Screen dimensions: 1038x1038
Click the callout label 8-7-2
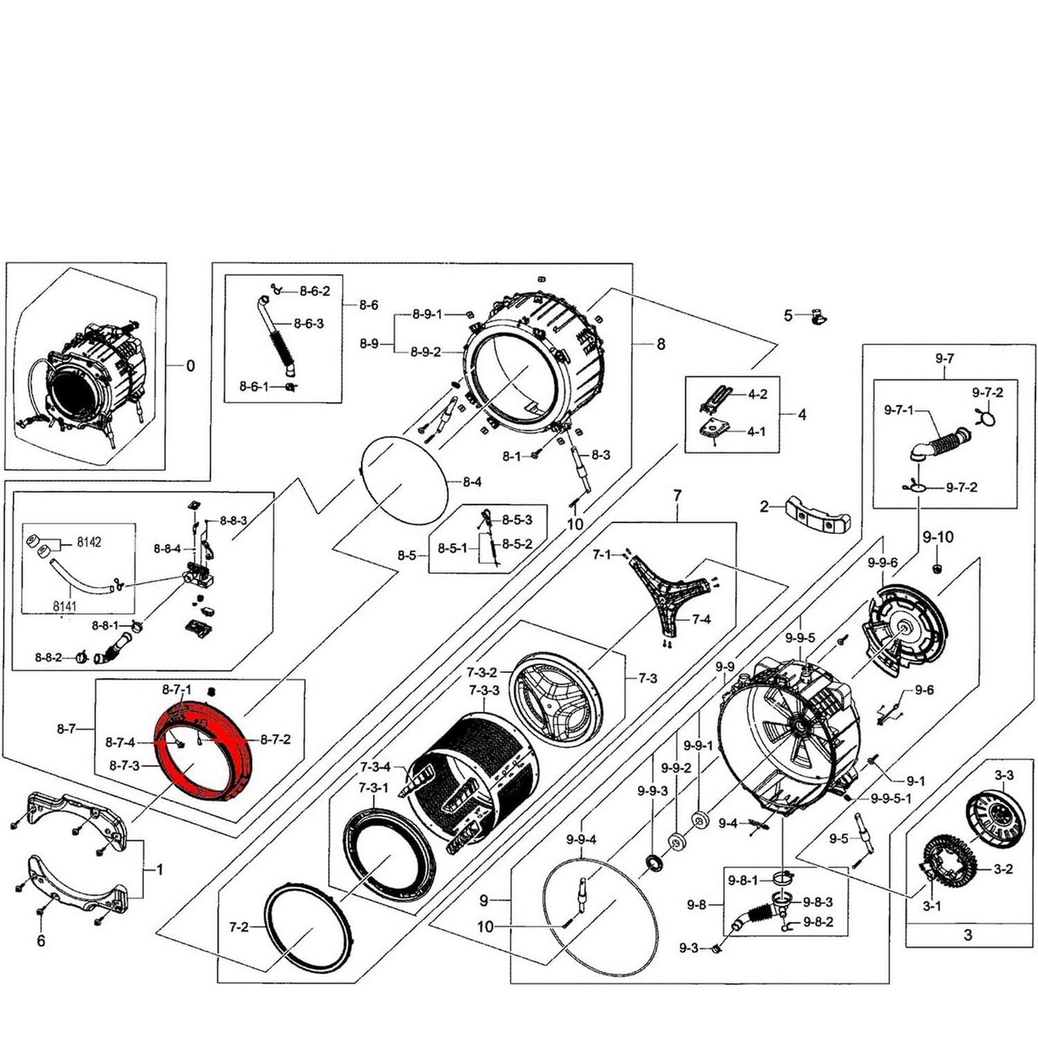point(275,739)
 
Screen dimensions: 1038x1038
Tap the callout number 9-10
point(938,536)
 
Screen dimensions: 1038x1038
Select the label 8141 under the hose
point(65,606)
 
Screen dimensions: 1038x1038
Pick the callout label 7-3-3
point(484,690)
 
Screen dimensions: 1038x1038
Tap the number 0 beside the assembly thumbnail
point(190,365)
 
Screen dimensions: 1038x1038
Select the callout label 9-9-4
point(581,839)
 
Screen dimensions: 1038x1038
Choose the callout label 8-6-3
point(309,323)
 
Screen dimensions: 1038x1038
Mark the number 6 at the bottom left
point(41,940)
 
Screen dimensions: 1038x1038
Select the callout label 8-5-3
point(517,520)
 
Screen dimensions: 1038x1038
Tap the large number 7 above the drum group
point(677,495)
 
